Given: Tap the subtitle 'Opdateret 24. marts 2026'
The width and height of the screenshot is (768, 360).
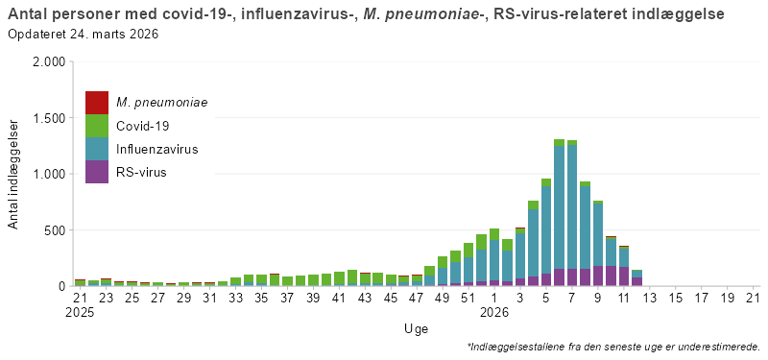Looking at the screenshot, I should (x=83, y=34).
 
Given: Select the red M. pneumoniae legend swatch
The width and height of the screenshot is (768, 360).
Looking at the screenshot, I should (x=97, y=102).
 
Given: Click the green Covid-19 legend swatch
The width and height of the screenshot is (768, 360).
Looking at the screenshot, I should (x=97, y=126).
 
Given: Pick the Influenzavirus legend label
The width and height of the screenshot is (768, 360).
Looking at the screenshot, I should (x=157, y=149).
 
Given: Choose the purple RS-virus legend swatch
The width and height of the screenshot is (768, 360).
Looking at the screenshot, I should (x=97, y=172).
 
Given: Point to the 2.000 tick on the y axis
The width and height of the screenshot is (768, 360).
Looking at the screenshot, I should (x=48, y=61).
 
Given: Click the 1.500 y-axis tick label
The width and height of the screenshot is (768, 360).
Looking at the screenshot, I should (x=48, y=118).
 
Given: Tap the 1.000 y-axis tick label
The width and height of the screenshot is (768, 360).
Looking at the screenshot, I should (x=48, y=174).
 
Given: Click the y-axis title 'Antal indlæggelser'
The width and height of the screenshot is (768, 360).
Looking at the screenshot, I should (x=13, y=174).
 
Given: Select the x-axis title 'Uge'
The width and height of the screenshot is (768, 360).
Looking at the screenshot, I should (x=416, y=328).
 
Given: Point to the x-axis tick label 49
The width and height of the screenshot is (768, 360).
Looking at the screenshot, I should (x=443, y=298).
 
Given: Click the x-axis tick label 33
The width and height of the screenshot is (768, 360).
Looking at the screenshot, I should (x=236, y=298).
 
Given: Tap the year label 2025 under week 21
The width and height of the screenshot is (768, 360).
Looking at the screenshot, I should (x=81, y=312).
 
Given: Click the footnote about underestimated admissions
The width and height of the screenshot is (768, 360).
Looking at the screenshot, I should (x=613, y=347).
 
